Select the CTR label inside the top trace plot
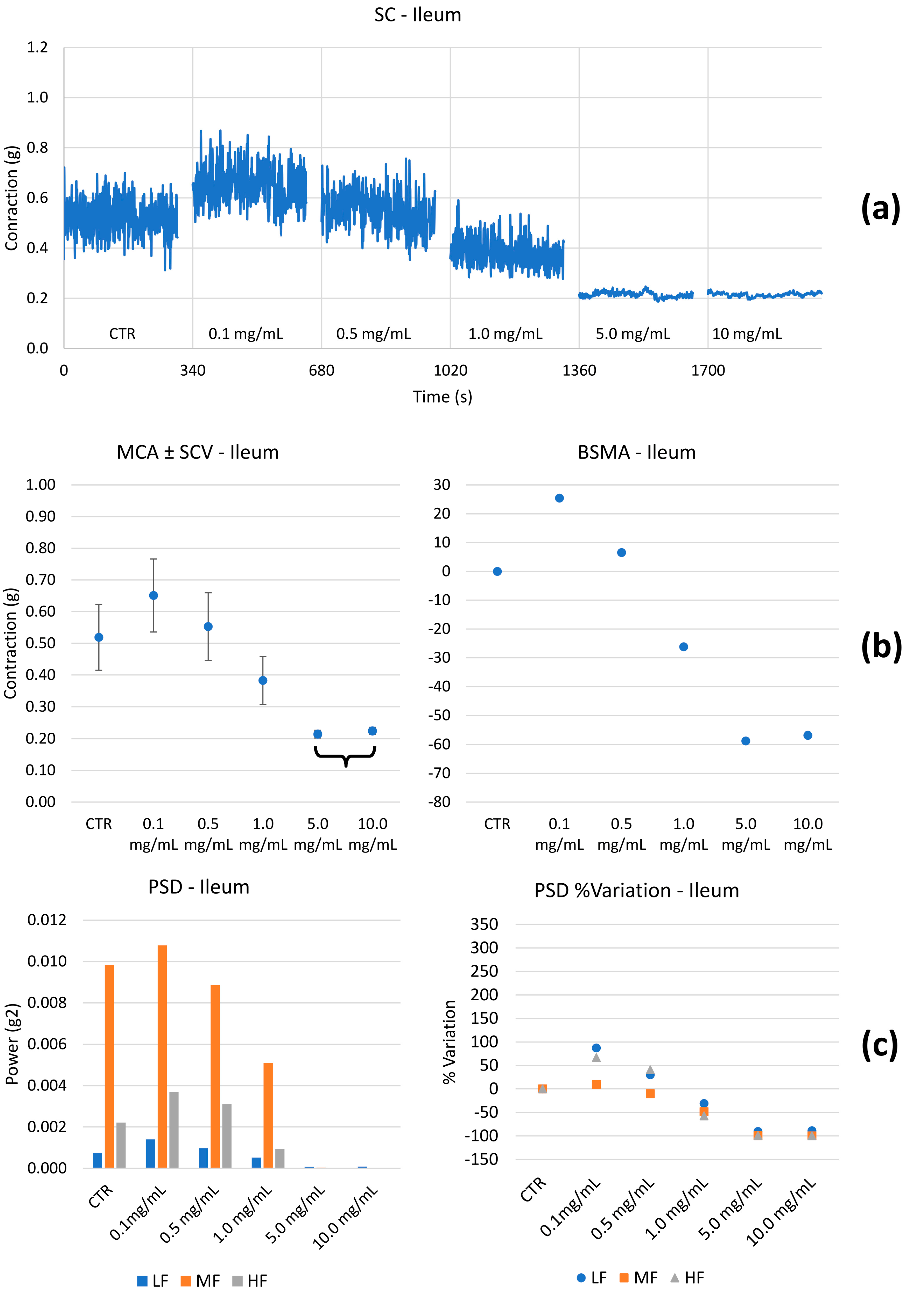[x=122, y=334]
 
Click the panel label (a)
[x=880, y=208]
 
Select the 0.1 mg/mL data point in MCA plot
[x=153, y=595]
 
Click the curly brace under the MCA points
[x=345, y=756]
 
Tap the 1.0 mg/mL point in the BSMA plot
[x=684, y=647]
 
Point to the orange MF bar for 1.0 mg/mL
[x=268, y=1116]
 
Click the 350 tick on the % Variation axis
[x=484, y=924]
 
